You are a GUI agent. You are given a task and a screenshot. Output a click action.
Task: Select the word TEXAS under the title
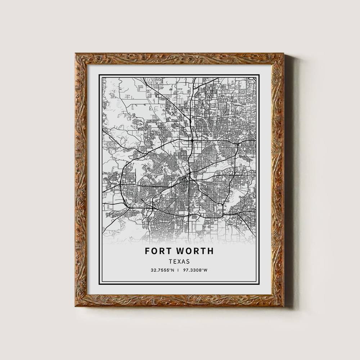(179, 262)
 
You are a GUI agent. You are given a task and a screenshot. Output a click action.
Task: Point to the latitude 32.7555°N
(163, 270)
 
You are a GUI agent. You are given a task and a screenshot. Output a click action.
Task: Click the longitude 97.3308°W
(195, 270)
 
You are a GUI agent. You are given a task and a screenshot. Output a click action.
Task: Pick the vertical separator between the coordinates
(179, 270)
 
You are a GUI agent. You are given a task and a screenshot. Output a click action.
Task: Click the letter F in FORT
(148, 251)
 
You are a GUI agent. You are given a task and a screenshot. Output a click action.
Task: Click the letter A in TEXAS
(183, 262)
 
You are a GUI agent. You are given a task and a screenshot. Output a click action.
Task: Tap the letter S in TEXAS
(188, 262)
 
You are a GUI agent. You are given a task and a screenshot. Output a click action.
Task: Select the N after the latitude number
(173, 270)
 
